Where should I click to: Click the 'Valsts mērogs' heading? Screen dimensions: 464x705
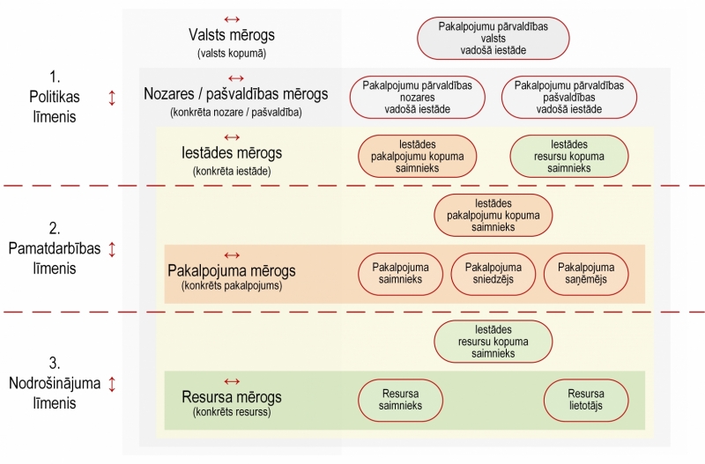coord(232,35)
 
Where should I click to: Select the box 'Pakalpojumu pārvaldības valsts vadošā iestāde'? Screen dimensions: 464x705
coord(493,39)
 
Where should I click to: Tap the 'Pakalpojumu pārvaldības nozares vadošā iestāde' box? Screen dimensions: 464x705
coord(417,97)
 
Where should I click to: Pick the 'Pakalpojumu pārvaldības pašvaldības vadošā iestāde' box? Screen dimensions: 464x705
coord(568,97)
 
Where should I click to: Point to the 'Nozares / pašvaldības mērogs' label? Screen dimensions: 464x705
coord(235,94)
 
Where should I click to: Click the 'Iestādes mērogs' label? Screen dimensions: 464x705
coord(232,152)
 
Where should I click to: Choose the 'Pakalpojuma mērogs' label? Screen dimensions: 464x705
coord(232,270)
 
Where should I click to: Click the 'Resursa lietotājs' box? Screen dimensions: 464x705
coord(586,400)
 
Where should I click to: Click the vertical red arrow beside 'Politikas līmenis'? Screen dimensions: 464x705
coord(112,98)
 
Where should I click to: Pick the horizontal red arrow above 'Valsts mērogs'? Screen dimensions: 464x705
coord(232,18)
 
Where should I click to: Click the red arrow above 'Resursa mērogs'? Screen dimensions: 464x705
coord(232,380)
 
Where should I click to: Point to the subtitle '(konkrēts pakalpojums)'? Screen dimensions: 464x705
coord(232,286)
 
